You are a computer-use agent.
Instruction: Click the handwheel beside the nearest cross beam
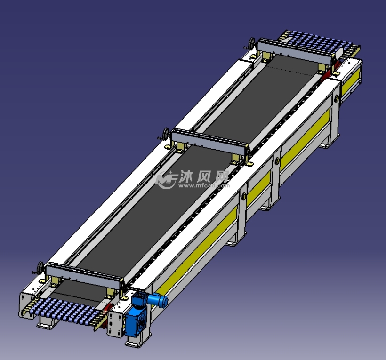point(40,269)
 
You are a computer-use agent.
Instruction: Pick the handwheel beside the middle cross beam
point(165,135)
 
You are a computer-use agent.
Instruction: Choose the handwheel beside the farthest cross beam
point(251,46)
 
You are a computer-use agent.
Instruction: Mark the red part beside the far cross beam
point(336,68)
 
